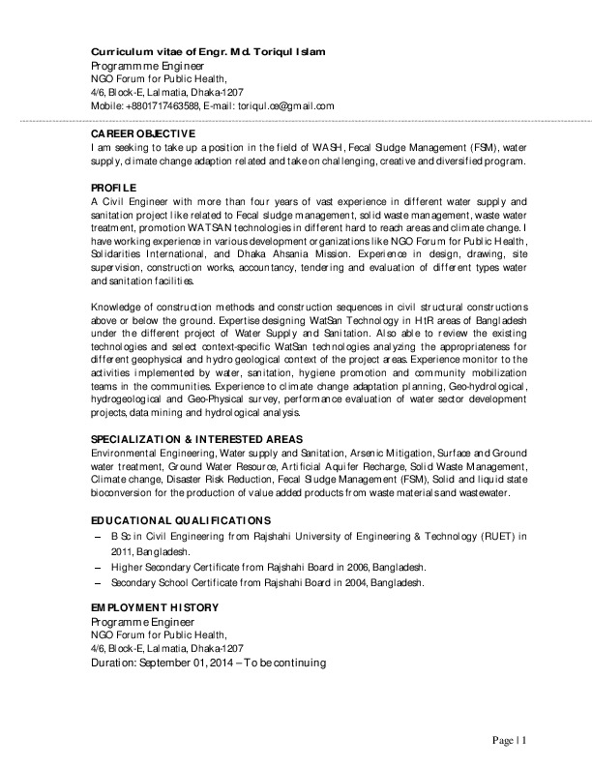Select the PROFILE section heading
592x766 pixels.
tap(114, 187)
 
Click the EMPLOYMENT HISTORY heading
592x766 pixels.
tap(154, 606)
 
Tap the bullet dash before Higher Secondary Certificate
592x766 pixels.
tap(96, 567)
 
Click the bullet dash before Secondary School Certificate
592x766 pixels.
tap(96, 583)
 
